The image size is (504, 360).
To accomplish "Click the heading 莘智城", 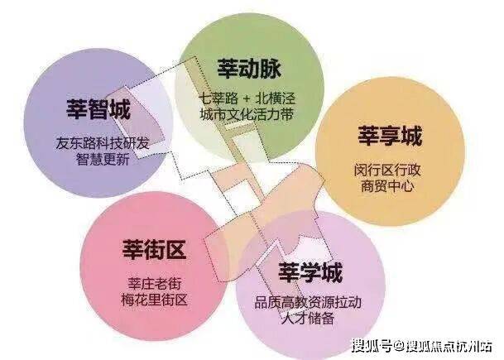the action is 98,109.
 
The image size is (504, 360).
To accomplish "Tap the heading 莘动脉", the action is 249,68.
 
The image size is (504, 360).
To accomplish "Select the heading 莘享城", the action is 390,136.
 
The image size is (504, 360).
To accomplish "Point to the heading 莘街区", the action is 154,249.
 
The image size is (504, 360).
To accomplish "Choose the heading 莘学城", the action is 310,272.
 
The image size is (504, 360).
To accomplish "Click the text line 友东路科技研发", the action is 103,143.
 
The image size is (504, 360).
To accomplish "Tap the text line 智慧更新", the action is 103,160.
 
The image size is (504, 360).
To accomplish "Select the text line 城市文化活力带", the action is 247,114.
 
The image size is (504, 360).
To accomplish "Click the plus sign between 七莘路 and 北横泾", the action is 247,98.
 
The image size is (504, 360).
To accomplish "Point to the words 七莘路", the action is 218,98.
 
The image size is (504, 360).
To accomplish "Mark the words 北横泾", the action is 275,98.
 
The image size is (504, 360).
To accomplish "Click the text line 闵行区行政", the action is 387,170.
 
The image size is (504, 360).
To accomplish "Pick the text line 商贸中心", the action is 387,186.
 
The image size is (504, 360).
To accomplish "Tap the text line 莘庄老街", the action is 155,284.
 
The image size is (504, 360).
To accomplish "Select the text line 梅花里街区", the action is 155,300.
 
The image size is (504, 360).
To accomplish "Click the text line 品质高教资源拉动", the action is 308,302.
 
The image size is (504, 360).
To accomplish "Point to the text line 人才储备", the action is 308,319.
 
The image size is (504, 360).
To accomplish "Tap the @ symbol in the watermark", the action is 399,346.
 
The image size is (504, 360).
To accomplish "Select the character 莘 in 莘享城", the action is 368,136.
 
